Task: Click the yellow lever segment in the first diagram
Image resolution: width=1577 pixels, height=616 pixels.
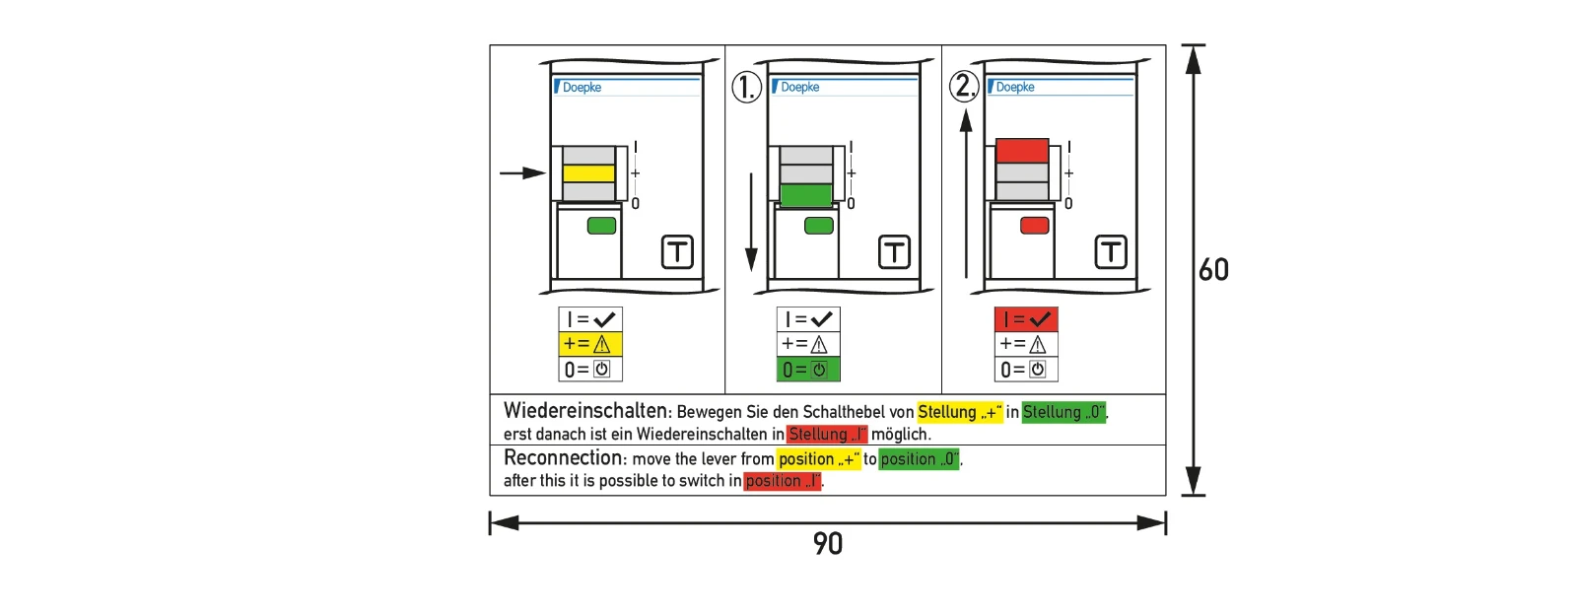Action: coord(588,173)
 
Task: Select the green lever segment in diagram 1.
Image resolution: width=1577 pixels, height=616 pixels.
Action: coord(806,195)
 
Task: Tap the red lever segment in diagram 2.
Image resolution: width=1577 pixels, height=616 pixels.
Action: coord(1022,151)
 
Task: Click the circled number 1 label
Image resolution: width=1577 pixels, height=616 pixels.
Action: coord(746,88)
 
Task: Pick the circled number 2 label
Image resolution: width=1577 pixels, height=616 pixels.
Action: coord(964,86)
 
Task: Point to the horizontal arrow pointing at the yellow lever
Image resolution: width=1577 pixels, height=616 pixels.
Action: coord(523,172)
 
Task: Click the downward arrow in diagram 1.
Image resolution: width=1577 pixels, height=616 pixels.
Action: coord(751,223)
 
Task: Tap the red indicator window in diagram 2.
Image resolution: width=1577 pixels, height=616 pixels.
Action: coord(1034,226)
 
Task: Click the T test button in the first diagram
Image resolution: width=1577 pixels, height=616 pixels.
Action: coord(677,251)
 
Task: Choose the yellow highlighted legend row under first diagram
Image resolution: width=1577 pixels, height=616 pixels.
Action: coord(590,344)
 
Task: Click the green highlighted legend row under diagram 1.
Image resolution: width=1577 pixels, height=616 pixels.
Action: coord(808,369)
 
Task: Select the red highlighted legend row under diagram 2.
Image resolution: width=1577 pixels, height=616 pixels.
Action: coord(1026,319)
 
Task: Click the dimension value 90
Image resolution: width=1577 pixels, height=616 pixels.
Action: coord(827,543)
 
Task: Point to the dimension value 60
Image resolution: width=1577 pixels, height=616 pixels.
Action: coord(1213,270)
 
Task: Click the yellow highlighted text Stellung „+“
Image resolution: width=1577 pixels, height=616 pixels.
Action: coord(960,412)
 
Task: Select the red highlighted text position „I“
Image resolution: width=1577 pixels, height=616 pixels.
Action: coord(783,481)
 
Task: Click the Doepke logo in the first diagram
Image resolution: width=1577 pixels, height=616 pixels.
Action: coord(578,88)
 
